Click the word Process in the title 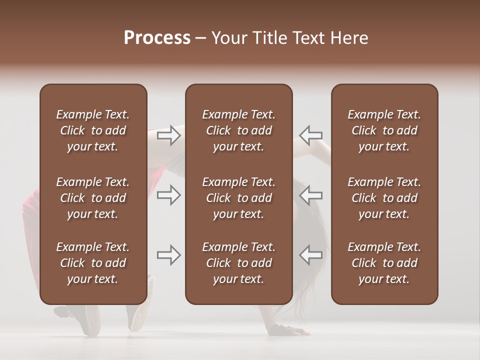[157, 38]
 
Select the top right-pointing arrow [168, 135]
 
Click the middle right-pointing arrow [168, 194]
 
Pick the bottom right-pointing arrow [168, 255]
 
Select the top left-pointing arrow [311, 135]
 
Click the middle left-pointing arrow [311, 194]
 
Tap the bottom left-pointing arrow [311, 255]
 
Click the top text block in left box [93, 130]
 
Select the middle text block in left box [93, 198]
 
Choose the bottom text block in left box [93, 263]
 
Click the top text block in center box [238, 130]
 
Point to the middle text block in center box [238, 198]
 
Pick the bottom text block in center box [238, 263]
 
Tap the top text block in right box [384, 130]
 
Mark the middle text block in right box [384, 198]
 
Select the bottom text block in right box [384, 263]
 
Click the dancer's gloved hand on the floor [286, 330]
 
